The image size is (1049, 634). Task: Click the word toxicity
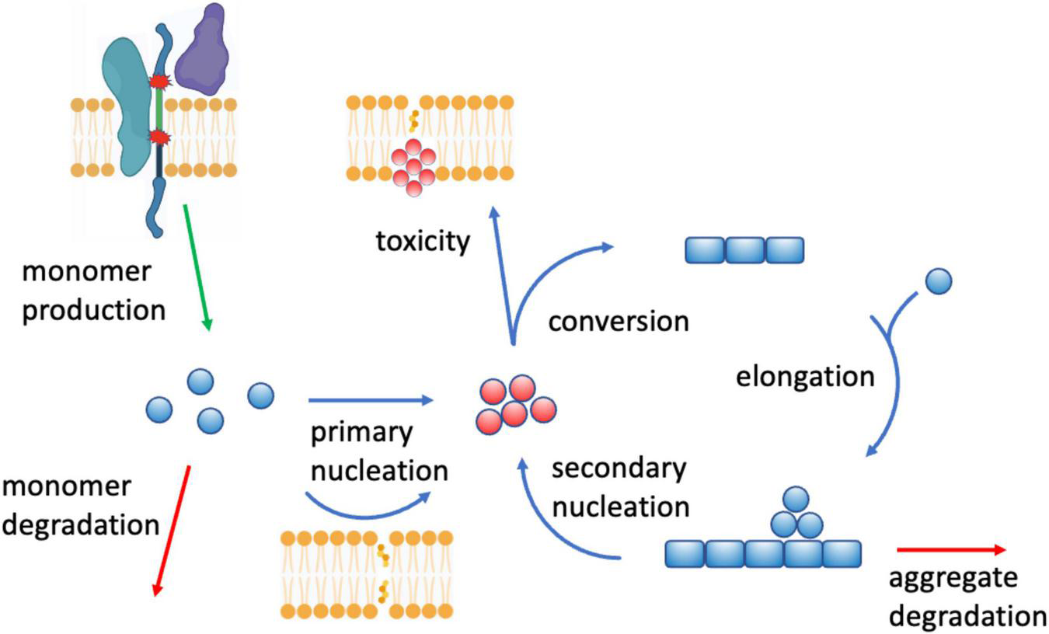(423, 242)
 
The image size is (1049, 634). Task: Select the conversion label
(619, 321)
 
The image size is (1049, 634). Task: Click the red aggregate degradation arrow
(951, 550)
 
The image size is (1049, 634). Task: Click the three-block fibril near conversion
(744, 250)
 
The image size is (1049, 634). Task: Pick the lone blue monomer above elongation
(939, 280)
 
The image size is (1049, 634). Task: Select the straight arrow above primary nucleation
(370, 400)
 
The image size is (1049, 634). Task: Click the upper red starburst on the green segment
(159, 81)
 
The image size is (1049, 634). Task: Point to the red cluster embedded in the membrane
(414, 164)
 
